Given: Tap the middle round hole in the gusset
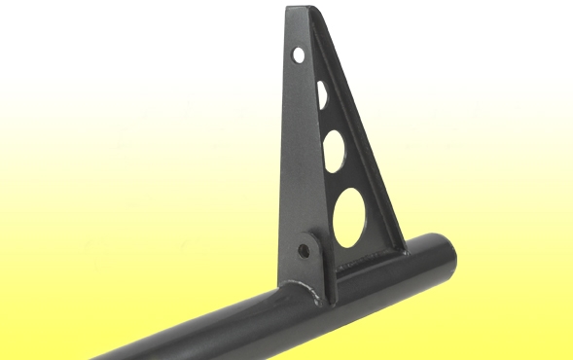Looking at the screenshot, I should (335, 151).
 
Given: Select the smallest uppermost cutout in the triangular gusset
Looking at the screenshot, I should (322, 95).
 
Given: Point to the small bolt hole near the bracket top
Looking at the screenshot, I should (298, 54).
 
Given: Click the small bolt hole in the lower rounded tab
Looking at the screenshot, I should (304, 250).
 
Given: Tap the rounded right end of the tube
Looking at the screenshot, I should (449, 260).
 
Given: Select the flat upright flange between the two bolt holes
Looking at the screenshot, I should (298, 146).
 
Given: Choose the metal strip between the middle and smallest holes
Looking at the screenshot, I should (327, 122).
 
